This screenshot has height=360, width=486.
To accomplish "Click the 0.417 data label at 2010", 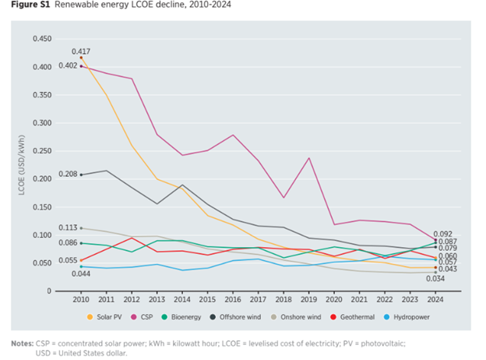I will [81, 51].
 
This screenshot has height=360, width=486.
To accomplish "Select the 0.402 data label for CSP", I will [68, 65].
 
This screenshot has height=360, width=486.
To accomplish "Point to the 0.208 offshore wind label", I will [68, 174].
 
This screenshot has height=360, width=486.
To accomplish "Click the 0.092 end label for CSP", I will [444, 234].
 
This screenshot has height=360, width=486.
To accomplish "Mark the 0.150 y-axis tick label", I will [41, 206].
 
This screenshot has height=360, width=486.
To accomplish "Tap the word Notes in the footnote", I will [23, 342].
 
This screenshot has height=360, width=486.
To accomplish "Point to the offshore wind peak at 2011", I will [106, 171].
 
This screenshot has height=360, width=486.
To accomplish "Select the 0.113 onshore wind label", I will [68, 228].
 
